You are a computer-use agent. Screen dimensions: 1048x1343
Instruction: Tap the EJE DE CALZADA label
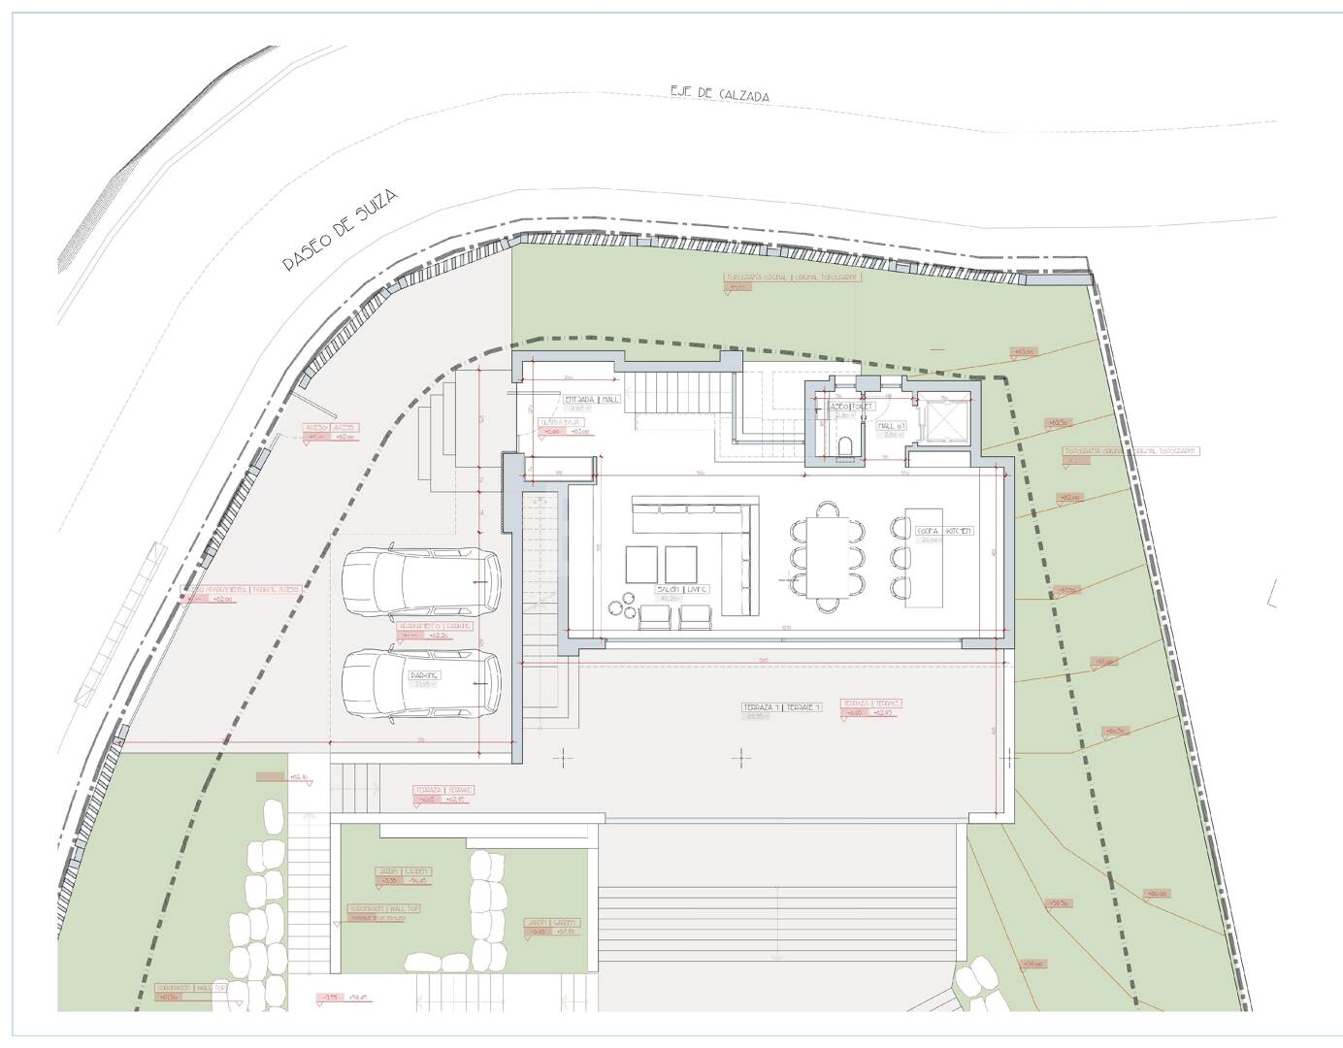(x=720, y=94)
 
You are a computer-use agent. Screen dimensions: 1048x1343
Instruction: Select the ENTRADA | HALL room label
(x=591, y=399)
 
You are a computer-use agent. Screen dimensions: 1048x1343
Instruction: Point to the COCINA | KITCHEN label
(x=944, y=531)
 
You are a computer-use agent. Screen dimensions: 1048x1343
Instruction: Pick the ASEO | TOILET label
(x=851, y=406)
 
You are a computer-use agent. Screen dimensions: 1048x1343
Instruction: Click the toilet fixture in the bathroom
(x=847, y=445)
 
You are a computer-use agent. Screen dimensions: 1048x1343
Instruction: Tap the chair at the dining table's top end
(x=828, y=508)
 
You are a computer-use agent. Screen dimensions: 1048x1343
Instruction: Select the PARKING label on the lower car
(x=424, y=675)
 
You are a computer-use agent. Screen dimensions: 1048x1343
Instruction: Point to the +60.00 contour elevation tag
(x=1156, y=894)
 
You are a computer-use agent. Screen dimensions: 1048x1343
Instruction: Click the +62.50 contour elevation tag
(x=1057, y=423)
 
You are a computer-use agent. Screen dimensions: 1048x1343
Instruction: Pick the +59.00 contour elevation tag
(x=1032, y=964)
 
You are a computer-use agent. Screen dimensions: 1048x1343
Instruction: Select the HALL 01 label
(x=891, y=426)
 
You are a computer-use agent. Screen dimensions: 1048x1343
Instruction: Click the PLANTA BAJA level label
(x=558, y=423)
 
